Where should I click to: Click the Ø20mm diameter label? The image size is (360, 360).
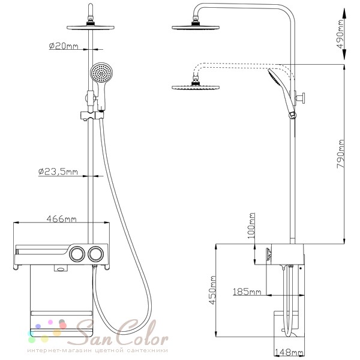(64, 46)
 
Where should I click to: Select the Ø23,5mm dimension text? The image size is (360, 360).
(58, 172)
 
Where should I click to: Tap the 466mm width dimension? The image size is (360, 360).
(61, 219)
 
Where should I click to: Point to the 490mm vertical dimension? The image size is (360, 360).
(340, 34)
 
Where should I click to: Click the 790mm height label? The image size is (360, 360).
(340, 154)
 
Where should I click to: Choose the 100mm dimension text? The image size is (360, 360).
(251, 226)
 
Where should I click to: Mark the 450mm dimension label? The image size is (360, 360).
(212, 290)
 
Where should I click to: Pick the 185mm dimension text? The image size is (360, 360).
(247, 292)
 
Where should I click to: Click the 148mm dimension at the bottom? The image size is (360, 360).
(289, 352)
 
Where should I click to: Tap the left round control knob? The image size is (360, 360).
(77, 254)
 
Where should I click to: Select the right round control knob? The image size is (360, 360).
(96, 254)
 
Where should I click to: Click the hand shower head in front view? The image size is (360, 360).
(101, 73)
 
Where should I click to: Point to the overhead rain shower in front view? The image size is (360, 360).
(91, 28)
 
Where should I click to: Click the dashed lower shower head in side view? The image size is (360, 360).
(196, 87)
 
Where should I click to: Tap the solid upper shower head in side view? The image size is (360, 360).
(196, 28)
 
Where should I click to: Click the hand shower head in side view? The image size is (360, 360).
(275, 77)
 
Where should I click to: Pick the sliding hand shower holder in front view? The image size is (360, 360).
(92, 115)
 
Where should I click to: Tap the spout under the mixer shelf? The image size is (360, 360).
(61, 268)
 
